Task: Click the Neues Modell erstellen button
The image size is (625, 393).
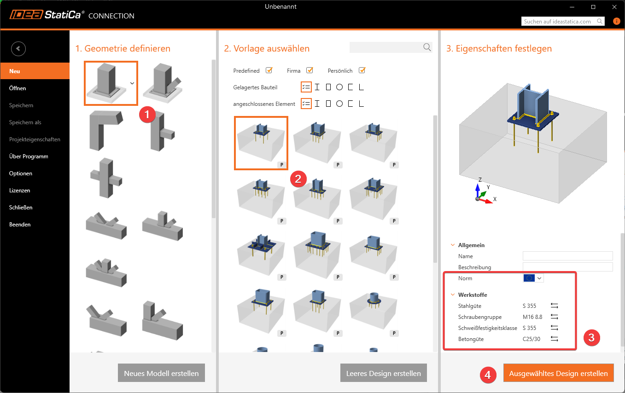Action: [161, 373]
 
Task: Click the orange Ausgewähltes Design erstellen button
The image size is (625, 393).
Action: [558, 373]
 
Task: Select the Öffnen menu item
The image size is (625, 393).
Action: [18, 88]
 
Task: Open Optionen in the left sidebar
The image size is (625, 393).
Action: [21, 173]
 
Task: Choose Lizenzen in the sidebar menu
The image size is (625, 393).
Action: [19, 191]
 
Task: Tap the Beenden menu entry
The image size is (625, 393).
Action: [20, 225]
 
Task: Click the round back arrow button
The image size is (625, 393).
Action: [18, 49]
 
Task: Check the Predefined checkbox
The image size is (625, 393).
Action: [269, 70]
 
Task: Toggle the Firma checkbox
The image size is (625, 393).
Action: [310, 70]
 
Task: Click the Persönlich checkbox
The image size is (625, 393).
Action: [362, 70]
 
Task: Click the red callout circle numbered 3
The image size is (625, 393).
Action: [591, 338]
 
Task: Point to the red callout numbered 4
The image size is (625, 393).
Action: [488, 375]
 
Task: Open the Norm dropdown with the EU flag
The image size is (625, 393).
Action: [533, 278]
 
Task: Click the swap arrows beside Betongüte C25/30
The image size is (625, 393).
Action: [555, 339]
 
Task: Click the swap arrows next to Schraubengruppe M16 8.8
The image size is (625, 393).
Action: [555, 317]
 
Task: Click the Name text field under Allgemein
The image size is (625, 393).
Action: [567, 256]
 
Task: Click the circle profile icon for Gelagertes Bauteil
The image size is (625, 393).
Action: [339, 87]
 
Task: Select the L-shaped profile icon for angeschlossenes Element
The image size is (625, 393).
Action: [361, 104]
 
